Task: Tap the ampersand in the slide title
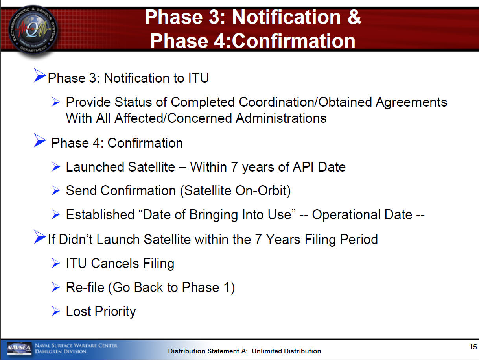click(354, 17)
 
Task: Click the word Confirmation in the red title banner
click(293, 41)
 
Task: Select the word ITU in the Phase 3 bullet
click(198, 78)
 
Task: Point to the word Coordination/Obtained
click(305, 102)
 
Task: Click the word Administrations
click(281, 118)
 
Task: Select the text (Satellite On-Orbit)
click(235, 191)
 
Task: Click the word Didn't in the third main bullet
click(76, 239)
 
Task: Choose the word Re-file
click(85, 287)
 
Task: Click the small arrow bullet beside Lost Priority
click(56, 311)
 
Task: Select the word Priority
click(115, 312)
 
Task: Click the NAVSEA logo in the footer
click(19, 349)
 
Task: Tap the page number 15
click(473, 347)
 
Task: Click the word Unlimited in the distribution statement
click(267, 351)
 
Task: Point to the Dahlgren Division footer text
click(61, 351)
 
